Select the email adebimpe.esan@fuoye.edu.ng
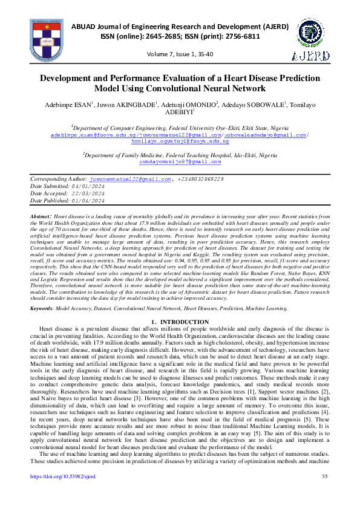tap(84, 134)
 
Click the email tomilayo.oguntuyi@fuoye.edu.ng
tap(180, 141)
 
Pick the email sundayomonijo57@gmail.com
tap(180, 163)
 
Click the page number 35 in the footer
tap(325, 493)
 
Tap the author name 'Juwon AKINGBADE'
tap(129, 105)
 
